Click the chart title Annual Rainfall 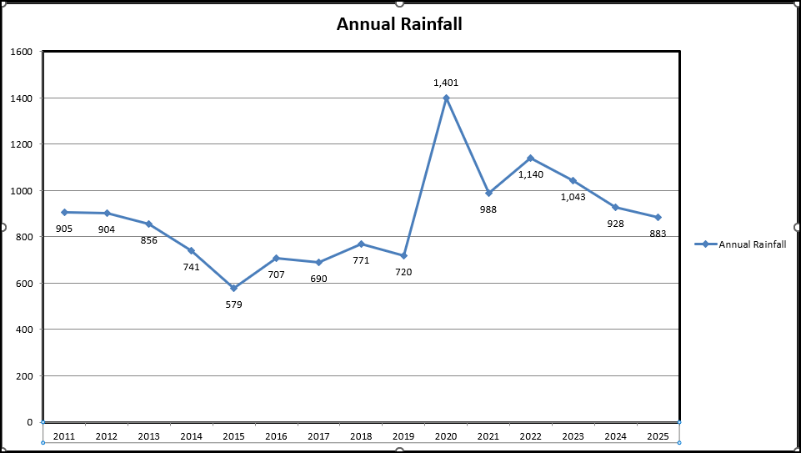click(x=399, y=24)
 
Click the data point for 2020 click(x=446, y=98)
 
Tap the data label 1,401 click(x=446, y=83)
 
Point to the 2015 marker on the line click(x=233, y=288)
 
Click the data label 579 click(x=233, y=305)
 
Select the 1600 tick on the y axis click(x=22, y=52)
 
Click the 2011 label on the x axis click(x=64, y=435)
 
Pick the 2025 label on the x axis click(x=658, y=435)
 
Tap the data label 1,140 click(x=531, y=174)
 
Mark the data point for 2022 click(x=531, y=158)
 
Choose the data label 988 click(x=488, y=209)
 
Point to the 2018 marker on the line click(x=361, y=244)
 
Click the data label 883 click(x=658, y=234)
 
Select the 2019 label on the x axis click(x=403, y=435)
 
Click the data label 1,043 click(x=573, y=197)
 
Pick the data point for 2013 click(x=149, y=224)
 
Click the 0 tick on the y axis click(x=29, y=422)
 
